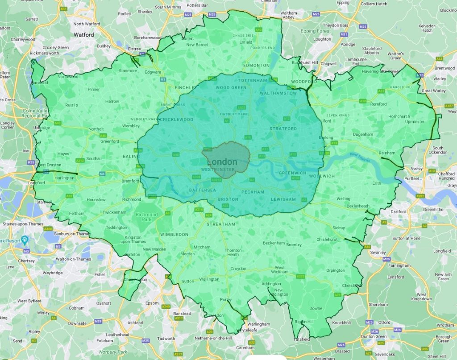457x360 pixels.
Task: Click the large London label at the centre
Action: point(222,162)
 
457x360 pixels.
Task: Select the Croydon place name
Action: point(238,269)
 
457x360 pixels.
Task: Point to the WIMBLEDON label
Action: point(174,234)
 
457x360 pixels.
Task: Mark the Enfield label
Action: point(245,42)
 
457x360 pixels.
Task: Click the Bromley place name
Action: point(294,244)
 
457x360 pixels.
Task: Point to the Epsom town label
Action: point(152,303)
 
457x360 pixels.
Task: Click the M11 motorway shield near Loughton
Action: point(344,34)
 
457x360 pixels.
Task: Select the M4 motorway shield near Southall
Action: point(102,174)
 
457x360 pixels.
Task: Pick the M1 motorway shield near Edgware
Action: point(162,80)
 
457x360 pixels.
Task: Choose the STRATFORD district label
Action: point(283,128)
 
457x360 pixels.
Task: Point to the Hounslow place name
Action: point(96,200)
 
